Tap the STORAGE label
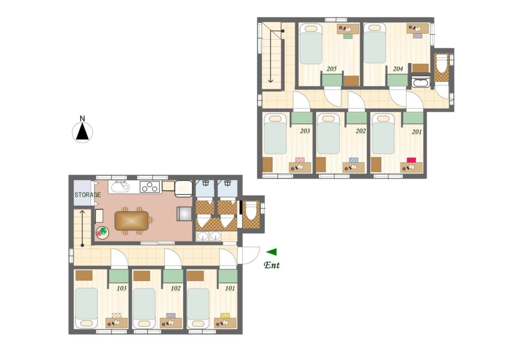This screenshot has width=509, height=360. (x=87, y=195)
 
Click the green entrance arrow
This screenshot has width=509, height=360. (x=271, y=252)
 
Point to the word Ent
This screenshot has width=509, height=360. (x=272, y=265)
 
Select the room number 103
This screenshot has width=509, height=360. (x=122, y=288)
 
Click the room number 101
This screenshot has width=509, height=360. (x=230, y=288)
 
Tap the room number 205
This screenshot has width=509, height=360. (x=332, y=69)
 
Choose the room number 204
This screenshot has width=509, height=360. (x=398, y=69)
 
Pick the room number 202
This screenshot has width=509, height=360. (x=361, y=131)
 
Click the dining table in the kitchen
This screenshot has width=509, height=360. (x=131, y=221)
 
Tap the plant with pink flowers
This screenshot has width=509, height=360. (x=102, y=233)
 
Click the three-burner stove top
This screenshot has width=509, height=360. (x=150, y=186)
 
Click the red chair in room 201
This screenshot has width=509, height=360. (x=412, y=160)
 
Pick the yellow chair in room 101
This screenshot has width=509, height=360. (x=225, y=316)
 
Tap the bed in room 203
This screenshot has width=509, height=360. (x=275, y=134)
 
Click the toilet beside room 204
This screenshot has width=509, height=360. (x=441, y=63)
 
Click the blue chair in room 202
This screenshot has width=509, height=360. (x=354, y=160)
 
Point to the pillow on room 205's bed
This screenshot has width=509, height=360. (x=311, y=28)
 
